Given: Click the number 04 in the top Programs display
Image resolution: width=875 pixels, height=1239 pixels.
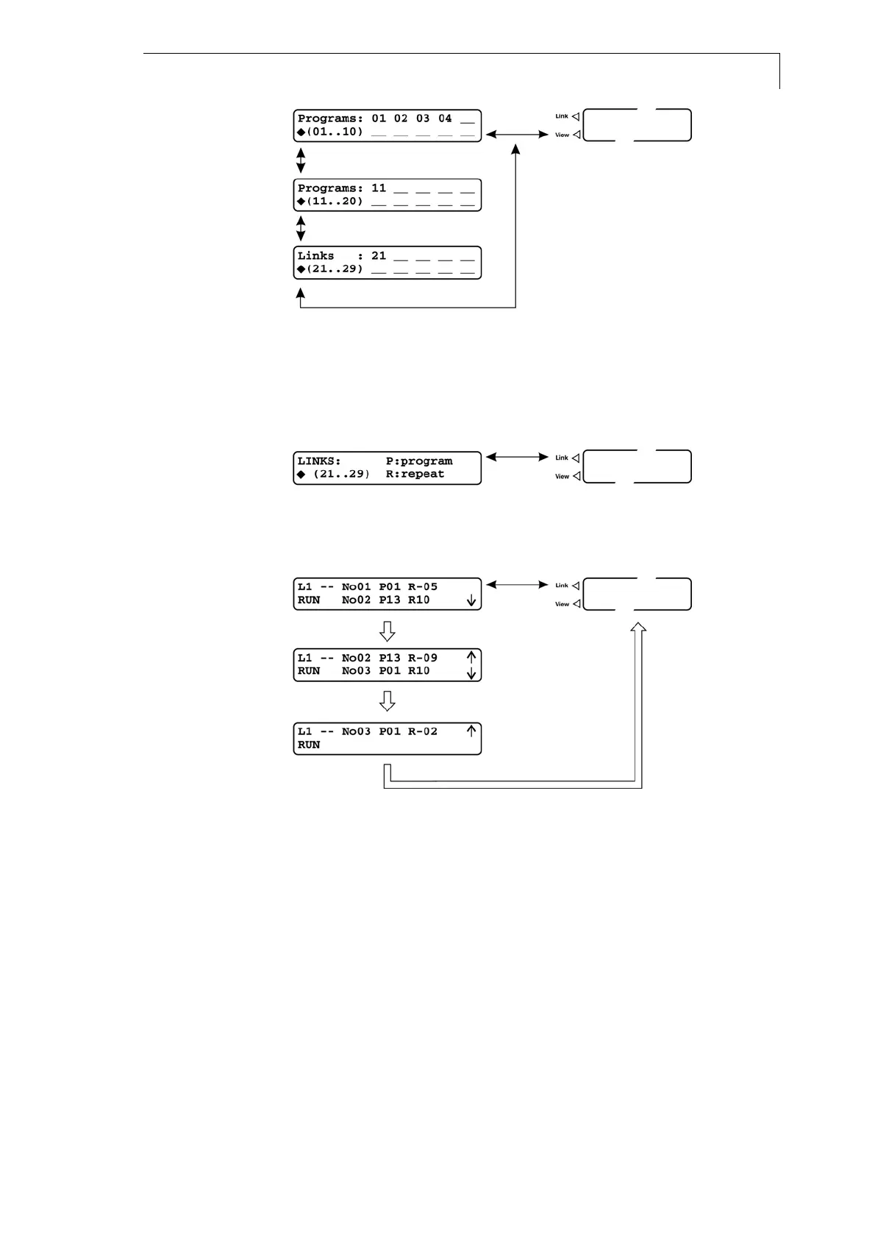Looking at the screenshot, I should click(445, 118).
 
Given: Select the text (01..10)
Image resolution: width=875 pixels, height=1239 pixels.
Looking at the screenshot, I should click(335, 132).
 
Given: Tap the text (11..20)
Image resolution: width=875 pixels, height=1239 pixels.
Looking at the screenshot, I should click(335, 201).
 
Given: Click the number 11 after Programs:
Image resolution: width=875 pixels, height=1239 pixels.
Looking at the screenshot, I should click(379, 188).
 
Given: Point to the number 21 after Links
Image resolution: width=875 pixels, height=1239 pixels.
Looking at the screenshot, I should click(379, 256).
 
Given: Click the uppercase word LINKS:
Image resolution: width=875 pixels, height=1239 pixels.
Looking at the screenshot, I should click(319, 461).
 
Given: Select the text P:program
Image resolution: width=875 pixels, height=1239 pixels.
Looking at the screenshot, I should click(419, 461).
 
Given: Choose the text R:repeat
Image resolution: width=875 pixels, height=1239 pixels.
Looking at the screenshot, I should click(415, 475).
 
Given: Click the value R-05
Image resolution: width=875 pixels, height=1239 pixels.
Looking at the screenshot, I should click(423, 587).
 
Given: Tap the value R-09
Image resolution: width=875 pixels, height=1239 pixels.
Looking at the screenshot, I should click(423, 658).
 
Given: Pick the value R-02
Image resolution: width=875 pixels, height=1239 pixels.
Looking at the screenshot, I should click(423, 731).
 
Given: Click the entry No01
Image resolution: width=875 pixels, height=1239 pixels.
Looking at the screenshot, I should click(357, 587).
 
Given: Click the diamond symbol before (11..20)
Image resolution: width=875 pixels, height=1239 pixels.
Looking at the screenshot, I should click(301, 201).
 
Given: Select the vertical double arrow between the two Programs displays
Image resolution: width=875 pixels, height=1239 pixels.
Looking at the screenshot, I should click(301, 160).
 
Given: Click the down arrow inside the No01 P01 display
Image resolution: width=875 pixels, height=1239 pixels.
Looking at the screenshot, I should click(471, 601).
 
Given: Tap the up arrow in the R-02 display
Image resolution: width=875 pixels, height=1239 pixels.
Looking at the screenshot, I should click(471, 731).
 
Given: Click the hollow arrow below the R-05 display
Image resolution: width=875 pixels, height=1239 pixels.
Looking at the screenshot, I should click(387, 631).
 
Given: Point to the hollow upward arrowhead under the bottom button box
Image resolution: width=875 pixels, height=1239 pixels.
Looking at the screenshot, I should click(638, 628).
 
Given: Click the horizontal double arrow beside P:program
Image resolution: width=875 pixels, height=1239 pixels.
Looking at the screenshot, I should click(518, 458).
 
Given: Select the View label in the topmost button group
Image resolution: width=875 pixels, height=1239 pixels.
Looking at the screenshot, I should click(562, 135).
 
